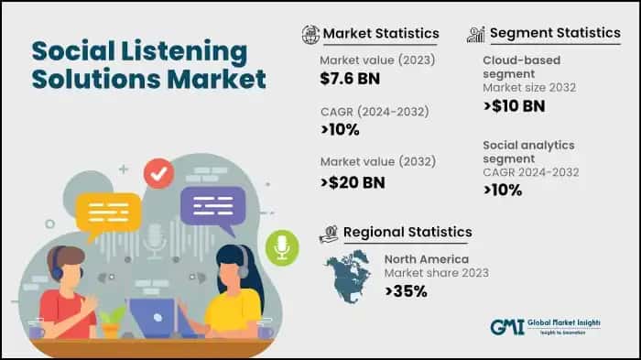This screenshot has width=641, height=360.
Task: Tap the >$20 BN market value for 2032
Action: click(353, 180)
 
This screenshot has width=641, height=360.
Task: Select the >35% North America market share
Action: click(405, 290)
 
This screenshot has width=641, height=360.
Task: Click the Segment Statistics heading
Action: click(555, 33)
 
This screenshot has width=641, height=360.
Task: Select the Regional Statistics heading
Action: click(407, 232)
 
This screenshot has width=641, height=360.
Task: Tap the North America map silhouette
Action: click(352, 277)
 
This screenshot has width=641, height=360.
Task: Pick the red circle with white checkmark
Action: click(159, 173)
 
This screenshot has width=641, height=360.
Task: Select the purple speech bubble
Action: click(212, 204)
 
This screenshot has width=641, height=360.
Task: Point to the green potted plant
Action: click(113, 320)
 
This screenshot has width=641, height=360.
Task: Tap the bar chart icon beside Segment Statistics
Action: click(475, 34)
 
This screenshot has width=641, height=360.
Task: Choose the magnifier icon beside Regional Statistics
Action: click(329, 233)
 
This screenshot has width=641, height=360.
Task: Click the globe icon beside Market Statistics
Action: click(310, 34)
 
